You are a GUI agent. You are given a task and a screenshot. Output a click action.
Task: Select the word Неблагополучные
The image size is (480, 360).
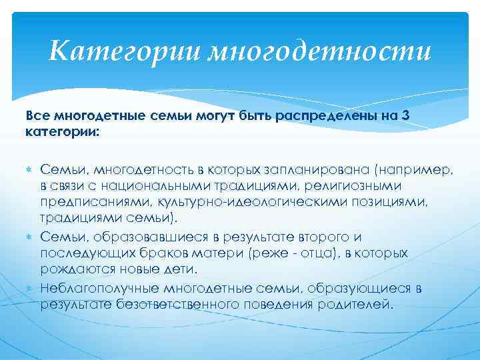coord(95,288)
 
